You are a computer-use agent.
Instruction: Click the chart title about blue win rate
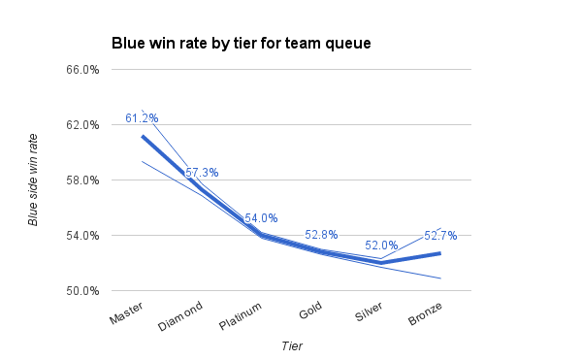coord(242,43)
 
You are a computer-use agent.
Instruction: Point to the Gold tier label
coord(310,313)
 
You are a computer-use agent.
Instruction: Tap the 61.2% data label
coord(142,118)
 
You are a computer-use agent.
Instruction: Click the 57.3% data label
coord(202,173)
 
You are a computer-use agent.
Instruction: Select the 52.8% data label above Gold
coord(321,235)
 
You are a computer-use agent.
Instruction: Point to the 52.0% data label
coord(381,245)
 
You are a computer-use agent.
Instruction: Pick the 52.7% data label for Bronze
coord(440,235)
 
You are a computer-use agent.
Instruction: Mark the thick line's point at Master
coord(142,136)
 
